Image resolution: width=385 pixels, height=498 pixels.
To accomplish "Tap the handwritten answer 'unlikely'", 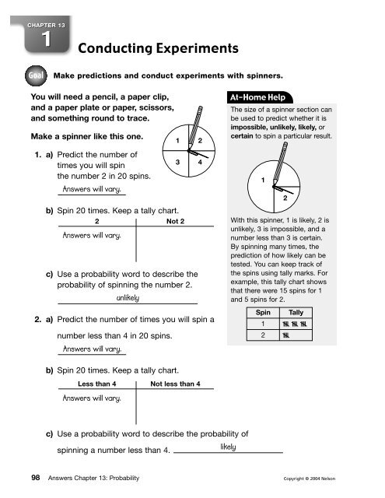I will tap(128, 298).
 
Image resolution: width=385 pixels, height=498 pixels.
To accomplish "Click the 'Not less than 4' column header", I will tap(175, 384).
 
